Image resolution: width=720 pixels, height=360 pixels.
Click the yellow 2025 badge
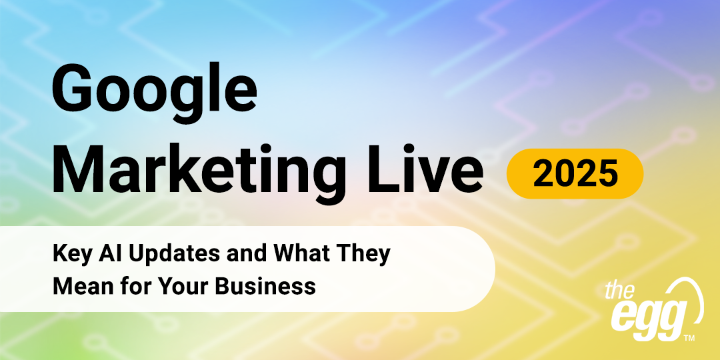pyautogui.click(x=575, y=173)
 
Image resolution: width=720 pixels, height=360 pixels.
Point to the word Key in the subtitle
pyautogui.click(x=70, y=255)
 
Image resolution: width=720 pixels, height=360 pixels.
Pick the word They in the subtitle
pyautogui.click(x=363, y=255)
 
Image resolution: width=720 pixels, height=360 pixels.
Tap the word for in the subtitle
pyautogui.click(x=132, y=286)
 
